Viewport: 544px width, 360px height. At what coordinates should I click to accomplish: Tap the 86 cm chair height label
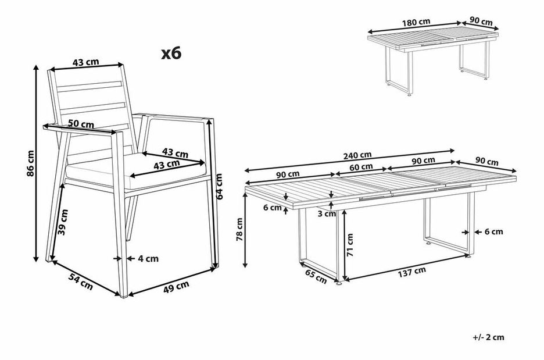(31, 163)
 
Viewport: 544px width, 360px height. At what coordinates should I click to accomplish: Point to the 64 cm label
(219, 187)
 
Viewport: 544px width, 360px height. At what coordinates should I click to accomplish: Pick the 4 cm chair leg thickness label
(148, 259)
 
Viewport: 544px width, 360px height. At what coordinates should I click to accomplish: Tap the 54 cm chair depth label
(81, 281)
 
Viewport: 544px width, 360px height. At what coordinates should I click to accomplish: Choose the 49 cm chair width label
(176, 287)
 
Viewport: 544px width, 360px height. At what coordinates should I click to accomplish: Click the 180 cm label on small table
(416, 22)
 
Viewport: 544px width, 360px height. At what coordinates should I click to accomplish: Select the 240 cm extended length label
(357, 155)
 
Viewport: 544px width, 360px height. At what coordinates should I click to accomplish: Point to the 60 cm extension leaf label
(361, 167)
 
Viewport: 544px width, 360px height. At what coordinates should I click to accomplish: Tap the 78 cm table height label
(239, 230)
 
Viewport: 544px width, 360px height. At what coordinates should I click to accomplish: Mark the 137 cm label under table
(412, 272)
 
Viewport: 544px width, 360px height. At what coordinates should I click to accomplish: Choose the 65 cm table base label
(316, 276)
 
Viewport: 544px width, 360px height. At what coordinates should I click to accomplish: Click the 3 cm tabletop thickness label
(327, 214)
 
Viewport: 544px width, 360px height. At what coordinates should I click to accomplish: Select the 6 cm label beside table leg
(493, 231)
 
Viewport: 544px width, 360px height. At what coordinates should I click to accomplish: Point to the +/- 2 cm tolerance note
(488, 337)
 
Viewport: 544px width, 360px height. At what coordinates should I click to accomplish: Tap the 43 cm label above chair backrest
(85, 62)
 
